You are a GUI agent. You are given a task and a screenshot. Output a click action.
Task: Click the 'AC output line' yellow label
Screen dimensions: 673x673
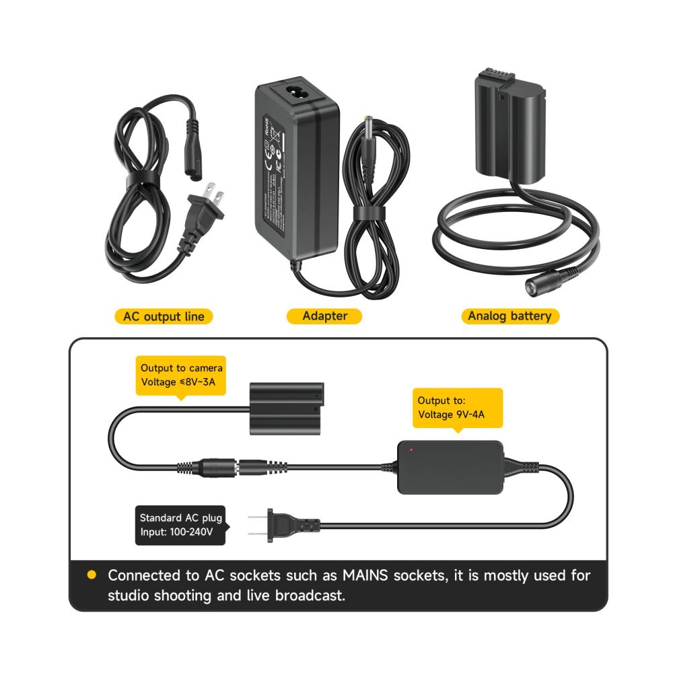(x=164, y=316)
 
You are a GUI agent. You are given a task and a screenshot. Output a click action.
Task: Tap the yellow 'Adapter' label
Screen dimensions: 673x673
(x=324, y=316)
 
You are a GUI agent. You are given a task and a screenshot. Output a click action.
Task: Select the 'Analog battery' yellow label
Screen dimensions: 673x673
(x=509, y=316)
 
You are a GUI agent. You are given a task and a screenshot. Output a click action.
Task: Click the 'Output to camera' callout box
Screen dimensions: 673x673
(x=181, y=376)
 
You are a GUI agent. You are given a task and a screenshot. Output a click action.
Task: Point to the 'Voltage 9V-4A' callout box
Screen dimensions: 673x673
(x=457, y=407)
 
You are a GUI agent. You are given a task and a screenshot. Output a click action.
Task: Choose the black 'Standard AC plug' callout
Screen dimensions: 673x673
(x=180, y=525)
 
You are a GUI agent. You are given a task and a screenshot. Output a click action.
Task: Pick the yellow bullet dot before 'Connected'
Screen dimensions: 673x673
(x=92, y=575)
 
